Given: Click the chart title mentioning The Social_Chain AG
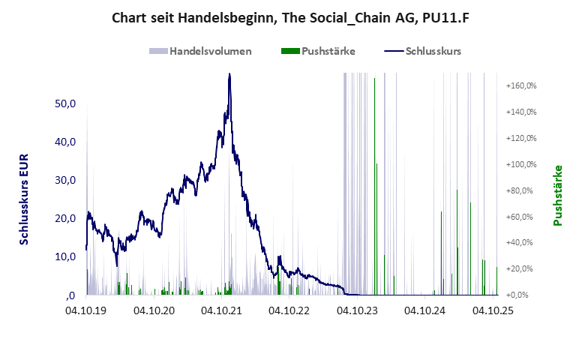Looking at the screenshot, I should point(289,16).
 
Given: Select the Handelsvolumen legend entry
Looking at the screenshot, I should point(200,51).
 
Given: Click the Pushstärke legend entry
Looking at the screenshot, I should point(317,51).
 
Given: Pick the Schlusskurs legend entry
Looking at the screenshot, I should point(422,51).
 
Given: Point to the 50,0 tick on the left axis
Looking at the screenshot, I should point(66,103).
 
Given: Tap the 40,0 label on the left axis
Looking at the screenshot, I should point(66,142).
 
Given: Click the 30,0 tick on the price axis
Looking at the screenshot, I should point(66,180).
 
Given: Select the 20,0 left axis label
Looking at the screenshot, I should point(66,218).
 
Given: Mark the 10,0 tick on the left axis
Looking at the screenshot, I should point(66,256).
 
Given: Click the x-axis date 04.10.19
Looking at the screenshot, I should point(87,309).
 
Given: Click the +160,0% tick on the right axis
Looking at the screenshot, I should point(521,85).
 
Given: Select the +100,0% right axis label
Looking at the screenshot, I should point(521,164).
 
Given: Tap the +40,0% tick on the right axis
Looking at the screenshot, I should point(523,242).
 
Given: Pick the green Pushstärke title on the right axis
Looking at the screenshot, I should point(557,195).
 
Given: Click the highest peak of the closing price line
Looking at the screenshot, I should point(229,73).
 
